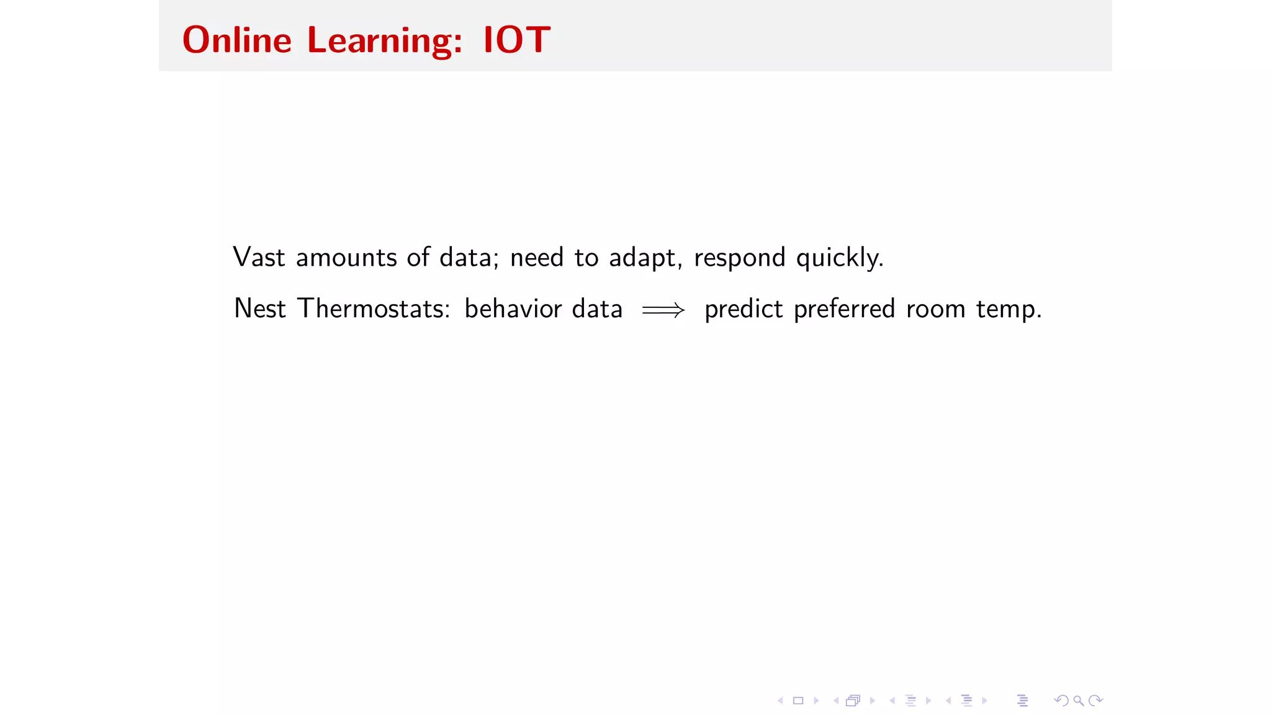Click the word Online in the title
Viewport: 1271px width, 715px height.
(236, 40)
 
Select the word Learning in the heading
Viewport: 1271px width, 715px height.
(384, 42)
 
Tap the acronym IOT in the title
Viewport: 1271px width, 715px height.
(516, 40)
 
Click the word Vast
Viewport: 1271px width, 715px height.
(259, 258)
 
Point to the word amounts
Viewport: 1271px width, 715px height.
(346, 258)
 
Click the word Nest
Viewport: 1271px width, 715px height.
(259, 309)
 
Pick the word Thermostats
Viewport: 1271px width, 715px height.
(374, 309)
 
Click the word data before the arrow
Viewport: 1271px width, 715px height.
(597, 309)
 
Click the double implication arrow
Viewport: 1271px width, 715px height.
(663, 310)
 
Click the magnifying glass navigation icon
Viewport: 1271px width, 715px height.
(1079, 701)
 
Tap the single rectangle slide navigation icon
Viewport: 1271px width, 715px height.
(798, 701)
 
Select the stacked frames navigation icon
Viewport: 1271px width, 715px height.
(853, 701)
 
